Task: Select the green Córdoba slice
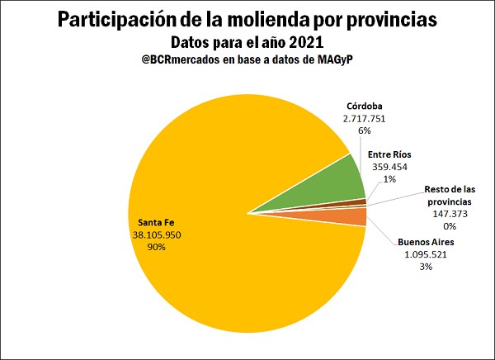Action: tap(330, 182)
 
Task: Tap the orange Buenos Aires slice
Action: tap(351, 217)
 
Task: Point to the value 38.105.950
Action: tap(157, 234)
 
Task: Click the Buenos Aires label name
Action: tap(427, 243)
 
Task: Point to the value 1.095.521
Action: tap(427, 255)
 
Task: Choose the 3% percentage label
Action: tap(427, 268)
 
